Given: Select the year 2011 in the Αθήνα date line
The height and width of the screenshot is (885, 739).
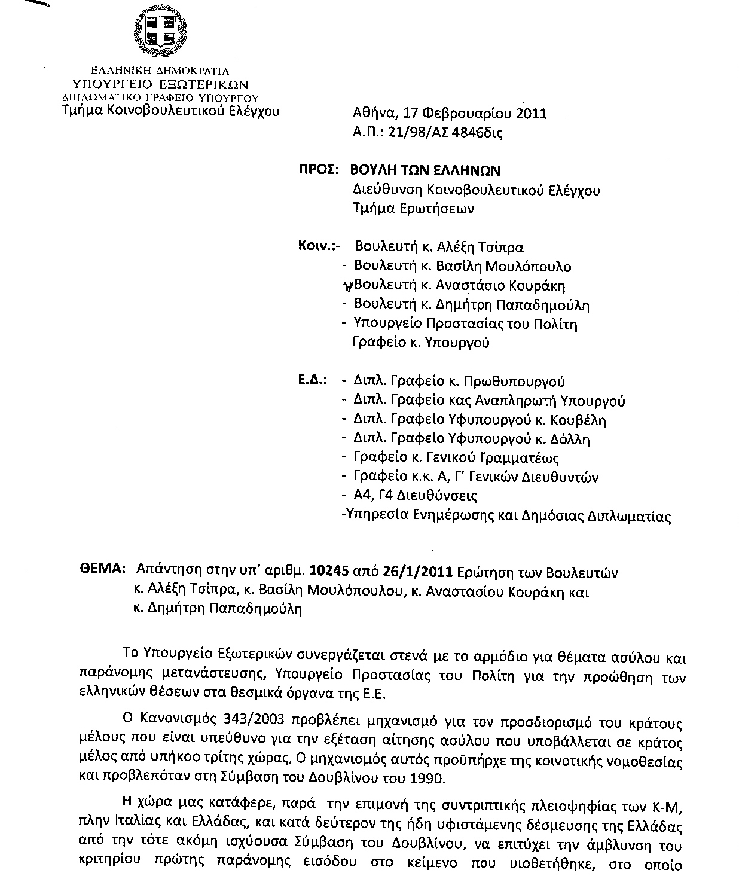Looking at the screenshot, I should click(x=532, y=114).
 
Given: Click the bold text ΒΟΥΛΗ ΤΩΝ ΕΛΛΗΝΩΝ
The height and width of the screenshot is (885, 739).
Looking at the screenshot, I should click(x=425, y=170).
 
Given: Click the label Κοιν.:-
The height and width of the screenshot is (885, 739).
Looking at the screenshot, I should click(x=319, y=246).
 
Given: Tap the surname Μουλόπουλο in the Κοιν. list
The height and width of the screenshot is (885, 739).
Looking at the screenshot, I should click(x=528, y=266).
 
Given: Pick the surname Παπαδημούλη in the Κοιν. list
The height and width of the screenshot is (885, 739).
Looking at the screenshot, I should click(x=543, y=305).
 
